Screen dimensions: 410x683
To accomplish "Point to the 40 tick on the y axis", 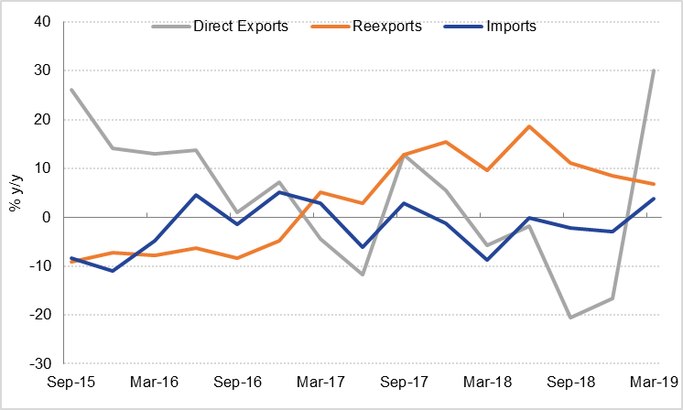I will [40, 22].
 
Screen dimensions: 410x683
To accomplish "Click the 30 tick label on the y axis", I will [40, 70].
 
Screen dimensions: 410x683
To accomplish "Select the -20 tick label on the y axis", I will [38, 315].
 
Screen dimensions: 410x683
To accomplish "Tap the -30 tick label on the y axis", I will [38, 363].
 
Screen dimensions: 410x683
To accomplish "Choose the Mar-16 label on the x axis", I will [153, 382].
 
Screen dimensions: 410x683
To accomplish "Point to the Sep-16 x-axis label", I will [236, 382].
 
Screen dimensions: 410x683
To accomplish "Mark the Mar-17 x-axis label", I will [319, 382].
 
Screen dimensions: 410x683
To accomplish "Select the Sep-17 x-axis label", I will [401, 382].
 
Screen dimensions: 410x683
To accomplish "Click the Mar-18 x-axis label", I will [484, 382].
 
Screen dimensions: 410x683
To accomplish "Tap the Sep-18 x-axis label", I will [568, 382].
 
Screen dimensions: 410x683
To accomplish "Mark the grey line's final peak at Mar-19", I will [653, 70].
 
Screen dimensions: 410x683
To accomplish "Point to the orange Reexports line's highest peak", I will [529, 126].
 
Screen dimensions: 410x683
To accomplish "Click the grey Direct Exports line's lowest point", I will [570, 318].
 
